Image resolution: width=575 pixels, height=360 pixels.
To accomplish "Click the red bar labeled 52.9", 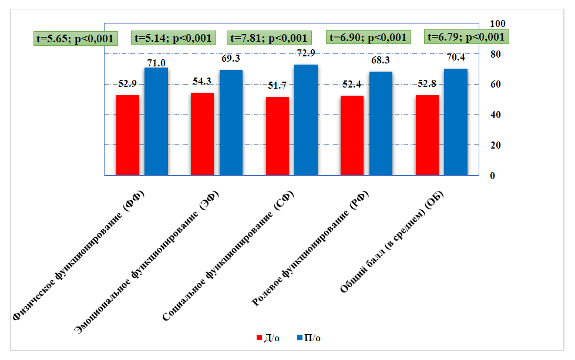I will click(127, 135).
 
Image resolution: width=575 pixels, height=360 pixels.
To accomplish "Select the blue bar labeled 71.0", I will click(156, 122).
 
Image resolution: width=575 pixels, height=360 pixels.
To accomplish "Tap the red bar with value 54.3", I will click(202, 134).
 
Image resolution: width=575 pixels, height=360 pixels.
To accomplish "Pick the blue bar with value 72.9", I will click(306, 120).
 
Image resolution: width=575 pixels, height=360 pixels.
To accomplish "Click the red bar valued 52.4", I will click(352, 135).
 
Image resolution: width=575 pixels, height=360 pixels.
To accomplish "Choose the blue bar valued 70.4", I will click(456, 122).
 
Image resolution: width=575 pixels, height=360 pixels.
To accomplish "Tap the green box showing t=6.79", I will click(467, 37).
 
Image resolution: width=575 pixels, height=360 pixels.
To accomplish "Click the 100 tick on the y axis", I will click(497, 23).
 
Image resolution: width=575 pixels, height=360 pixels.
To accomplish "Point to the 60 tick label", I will click(495, 85).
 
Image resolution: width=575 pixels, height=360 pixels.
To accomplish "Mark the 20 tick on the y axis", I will click(495, 145).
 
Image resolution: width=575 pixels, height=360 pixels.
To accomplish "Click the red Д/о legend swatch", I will click(259, 338).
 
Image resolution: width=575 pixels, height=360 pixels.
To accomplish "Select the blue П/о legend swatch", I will click(299, 338).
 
